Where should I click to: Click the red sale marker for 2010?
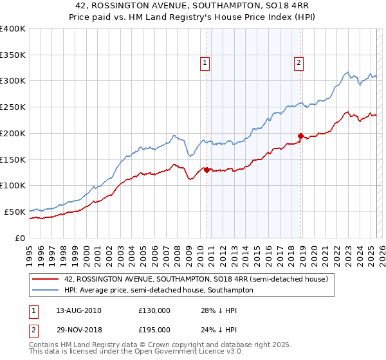pyautogui.click(x=207, y=170)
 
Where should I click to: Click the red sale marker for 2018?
pyautogui.click(x=300, y=136)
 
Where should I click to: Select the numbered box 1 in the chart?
pyautogui.click(x=205, y=63)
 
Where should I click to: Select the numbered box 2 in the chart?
pyautogui.click(x=300, y=63)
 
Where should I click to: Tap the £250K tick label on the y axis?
pyautogui.click(x=13, y=107)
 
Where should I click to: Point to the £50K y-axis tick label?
pyautogui.click(x=15, y=212)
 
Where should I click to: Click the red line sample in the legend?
pyautogui.click(x=46, y=279)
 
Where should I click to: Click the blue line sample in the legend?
pyautogui.click(x=46, y=290)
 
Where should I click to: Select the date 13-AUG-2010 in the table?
pyautogui.click(x=78, y=310)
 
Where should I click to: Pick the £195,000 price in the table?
pyautogui.click(x=154, y=329)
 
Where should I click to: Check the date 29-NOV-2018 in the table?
pyautogui.click(x=79, y=329)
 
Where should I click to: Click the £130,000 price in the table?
pyautogui.click(x=154, y=310)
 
